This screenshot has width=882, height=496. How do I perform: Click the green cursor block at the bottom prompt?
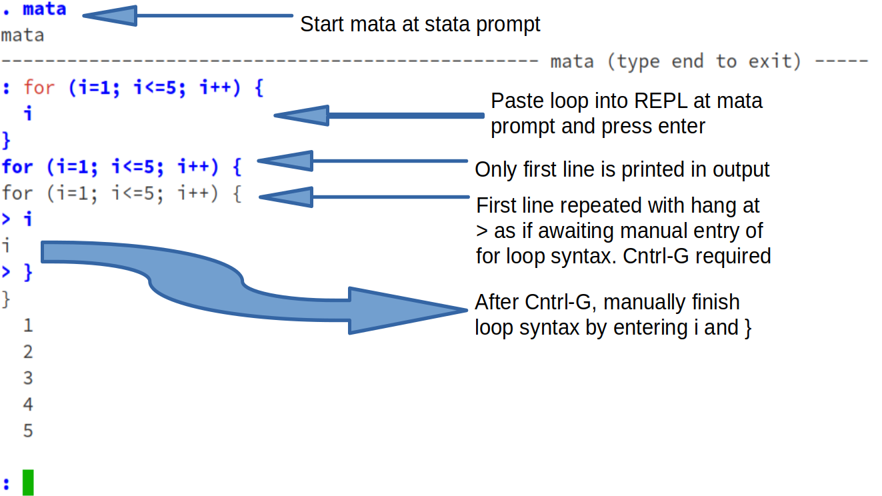coord(27,483)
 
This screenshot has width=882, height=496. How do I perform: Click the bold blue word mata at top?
coord(45,9)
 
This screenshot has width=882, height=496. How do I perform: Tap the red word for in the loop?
coord(39,87)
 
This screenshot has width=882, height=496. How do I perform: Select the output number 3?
coord(28,379)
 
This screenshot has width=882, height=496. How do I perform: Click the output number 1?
coord(28,326)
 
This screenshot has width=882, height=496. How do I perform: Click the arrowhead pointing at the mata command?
coord(110,15)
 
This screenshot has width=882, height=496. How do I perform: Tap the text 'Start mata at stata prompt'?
coord(420,25)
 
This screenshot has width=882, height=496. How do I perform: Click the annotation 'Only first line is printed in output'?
coord(622,169)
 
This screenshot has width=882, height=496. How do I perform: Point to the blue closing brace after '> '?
coord(28,273)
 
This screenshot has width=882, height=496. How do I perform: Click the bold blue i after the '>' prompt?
coord(28,219)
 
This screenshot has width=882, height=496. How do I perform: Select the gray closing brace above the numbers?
coord(7,299)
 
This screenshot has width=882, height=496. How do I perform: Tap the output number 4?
coord(28,405)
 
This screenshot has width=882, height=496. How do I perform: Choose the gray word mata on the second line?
coord(23,35)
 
